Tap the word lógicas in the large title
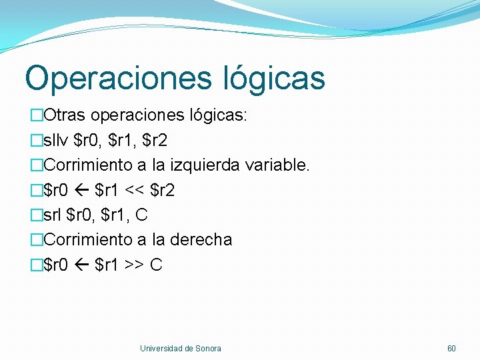[x=274, y=77]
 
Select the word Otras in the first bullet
[x=65, y=116]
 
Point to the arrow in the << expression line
[x=81, y=191]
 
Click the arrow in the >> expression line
[x=81, y=265]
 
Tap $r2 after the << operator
[x=163, y=191]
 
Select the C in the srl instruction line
[x=141, y=215]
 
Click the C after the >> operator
[x=156, y=265]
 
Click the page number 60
[x=451, y=349]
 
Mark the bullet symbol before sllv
[x=37, y=141]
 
